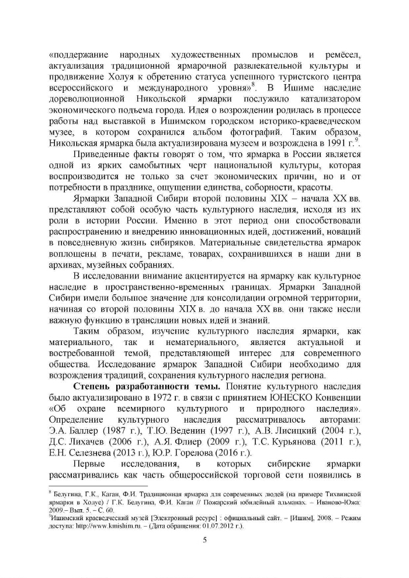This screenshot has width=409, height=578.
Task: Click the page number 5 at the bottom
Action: [204, 539]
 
